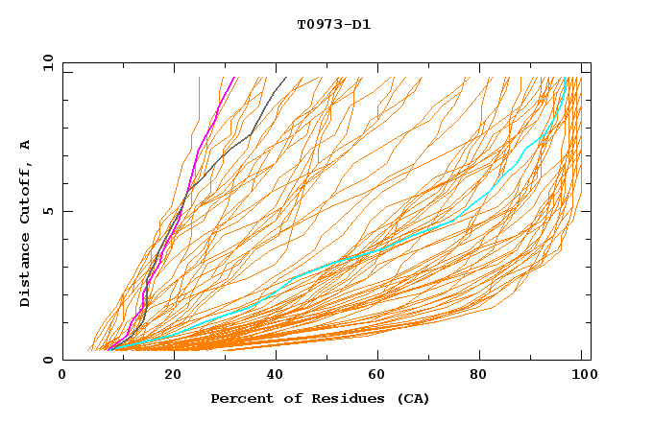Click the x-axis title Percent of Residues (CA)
pyautogui.click(x=320, y=398)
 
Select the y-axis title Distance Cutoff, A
pyautogui.click(x=25, y=223)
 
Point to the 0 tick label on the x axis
pyautogui.click(x=62, y=375)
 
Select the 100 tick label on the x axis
pyautogui.click(x=580, y=375)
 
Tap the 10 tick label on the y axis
pyautogui.click(x=46, y=62)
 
